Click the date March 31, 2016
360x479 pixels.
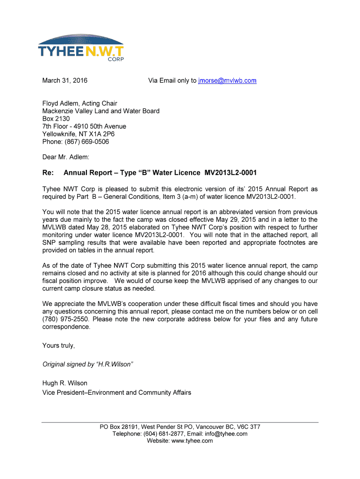pyautogui.click(x=65, y=80)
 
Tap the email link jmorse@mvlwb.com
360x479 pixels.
pyautogui.click(x=227, y=80)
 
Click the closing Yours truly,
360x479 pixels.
pyautogui.click(x=58, y=346)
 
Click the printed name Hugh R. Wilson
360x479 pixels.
pyautogui.click(x=65, y=383)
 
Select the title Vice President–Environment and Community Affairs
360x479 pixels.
pyautogui.click(x=116, y=392)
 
